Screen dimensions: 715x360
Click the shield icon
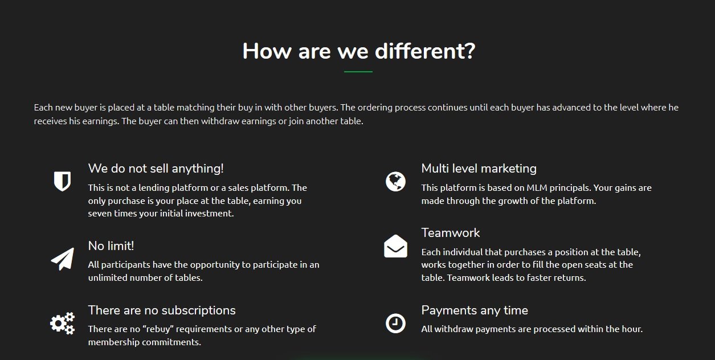coord(62,181)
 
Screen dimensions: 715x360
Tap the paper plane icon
coord(63,259)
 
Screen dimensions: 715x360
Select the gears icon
coord(63,323)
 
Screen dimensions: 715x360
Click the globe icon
coord(395,182)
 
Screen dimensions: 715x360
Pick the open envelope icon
coord(395,246)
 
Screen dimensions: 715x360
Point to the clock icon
coord(395,324)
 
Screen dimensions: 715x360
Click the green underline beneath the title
coord(358,72)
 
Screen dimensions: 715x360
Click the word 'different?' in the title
coord(425,51)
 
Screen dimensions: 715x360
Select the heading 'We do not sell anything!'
coord(156,169)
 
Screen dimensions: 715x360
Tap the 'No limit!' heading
coord(111,246)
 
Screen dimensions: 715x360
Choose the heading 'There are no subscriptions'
coord(162,310)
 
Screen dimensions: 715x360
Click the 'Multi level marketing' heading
coord(479,169)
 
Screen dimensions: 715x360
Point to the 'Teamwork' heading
coord(451,232)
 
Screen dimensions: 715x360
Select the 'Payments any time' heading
coord(475,310)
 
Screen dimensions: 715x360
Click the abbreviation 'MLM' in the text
coord(537,187)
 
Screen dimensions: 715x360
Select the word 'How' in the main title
coord(267,51)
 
